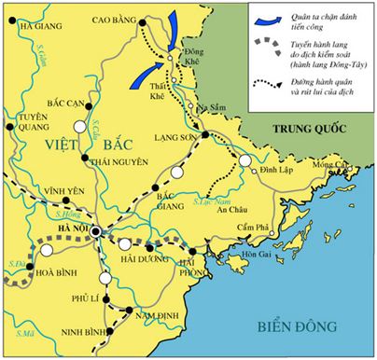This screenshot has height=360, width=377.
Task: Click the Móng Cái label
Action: tap(329, 166)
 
